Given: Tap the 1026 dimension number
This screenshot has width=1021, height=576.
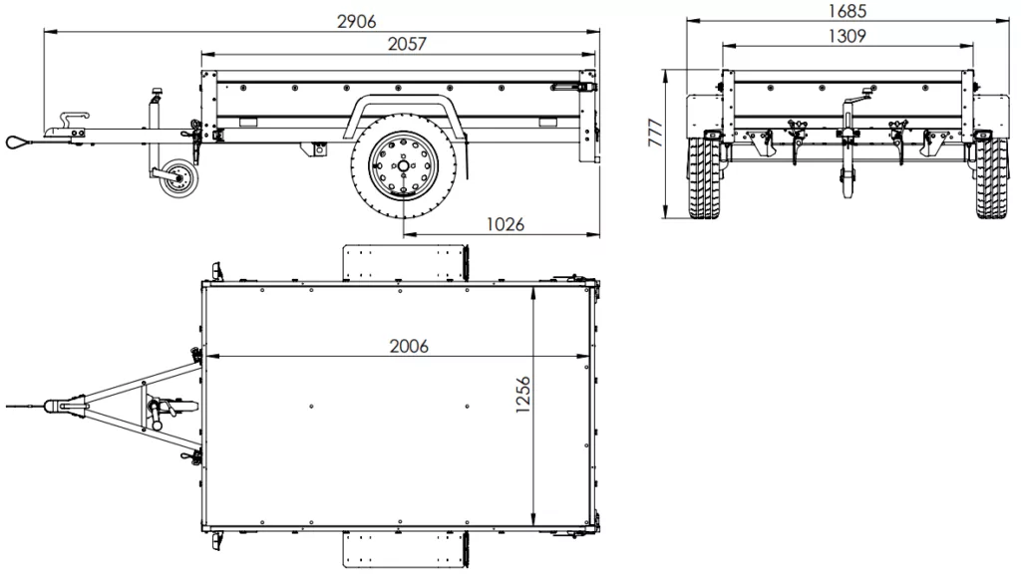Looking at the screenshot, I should pos(505,224).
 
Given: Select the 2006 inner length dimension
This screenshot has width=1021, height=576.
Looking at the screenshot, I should pos(409,346).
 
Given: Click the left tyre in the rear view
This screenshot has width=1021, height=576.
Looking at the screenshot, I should pos(706,178).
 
